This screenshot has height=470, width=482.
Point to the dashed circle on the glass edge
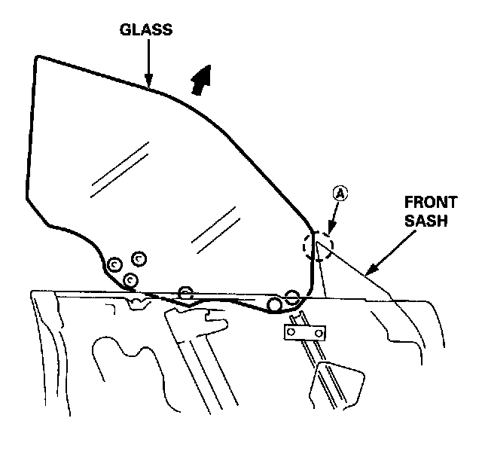318,246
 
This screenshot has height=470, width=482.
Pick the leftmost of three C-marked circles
114,264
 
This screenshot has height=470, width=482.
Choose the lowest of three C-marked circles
130,280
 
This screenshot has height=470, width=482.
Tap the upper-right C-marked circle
139,258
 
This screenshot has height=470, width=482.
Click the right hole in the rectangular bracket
319,332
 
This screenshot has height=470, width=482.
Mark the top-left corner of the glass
38,57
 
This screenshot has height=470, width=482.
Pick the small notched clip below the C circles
138,304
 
